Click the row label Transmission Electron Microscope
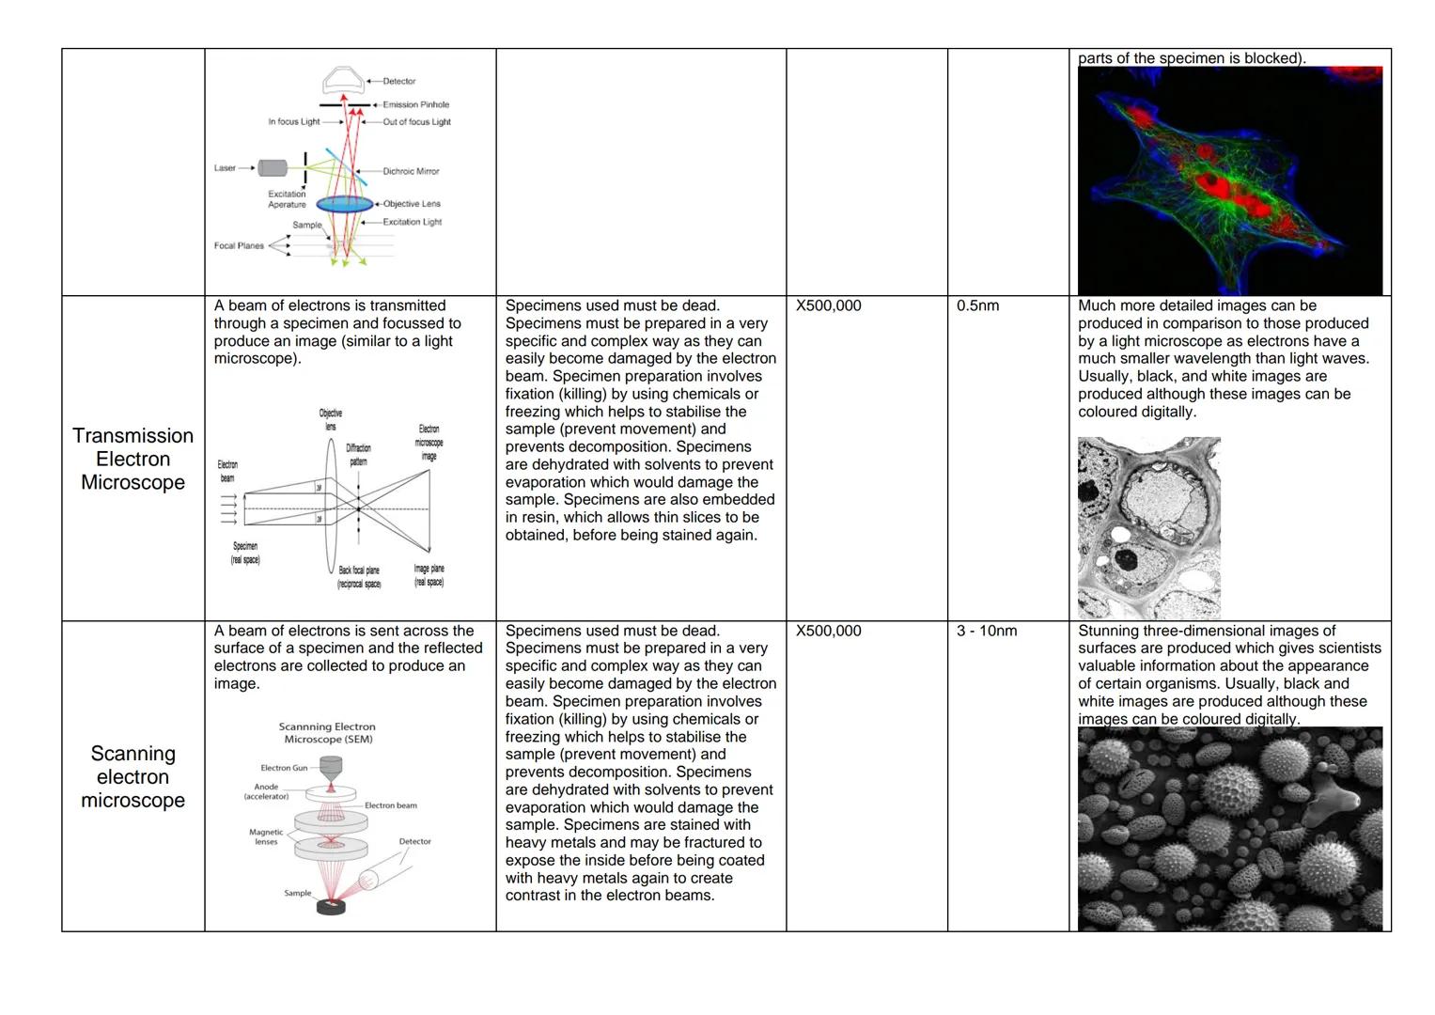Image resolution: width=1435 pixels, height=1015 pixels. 133,459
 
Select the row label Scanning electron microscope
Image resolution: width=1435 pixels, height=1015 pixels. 133,776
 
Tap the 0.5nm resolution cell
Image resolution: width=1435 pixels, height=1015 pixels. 977,306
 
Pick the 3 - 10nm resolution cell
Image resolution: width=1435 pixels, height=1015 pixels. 986,631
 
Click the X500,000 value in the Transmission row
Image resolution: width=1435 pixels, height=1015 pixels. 828,306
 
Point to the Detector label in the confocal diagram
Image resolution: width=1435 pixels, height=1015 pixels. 398,82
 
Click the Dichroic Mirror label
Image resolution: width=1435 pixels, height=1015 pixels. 411,171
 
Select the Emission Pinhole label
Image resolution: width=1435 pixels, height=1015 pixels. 415,104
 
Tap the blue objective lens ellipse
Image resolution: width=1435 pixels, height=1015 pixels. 344,204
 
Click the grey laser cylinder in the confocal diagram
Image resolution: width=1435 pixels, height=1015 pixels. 273,168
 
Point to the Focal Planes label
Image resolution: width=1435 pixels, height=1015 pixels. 239,246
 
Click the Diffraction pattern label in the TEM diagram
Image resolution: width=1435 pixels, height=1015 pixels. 358,455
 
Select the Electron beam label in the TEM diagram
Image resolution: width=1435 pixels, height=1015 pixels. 227,471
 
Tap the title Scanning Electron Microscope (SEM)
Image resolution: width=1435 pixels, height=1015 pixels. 327,733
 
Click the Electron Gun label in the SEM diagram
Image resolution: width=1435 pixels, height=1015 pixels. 284,768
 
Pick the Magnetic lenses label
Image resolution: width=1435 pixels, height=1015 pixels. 266,836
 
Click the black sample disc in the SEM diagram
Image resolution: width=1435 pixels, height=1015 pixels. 330,906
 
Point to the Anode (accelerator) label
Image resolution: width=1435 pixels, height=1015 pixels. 266,791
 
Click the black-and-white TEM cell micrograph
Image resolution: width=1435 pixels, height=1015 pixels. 1148,527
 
